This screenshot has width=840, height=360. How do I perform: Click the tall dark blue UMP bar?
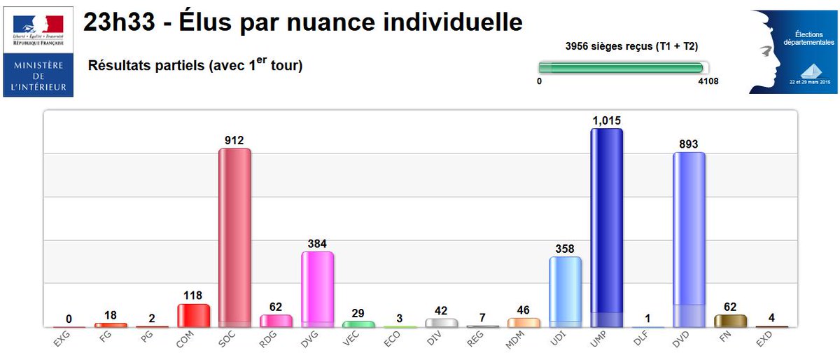pos(606,228)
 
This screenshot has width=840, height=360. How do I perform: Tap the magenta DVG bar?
pos(317,289)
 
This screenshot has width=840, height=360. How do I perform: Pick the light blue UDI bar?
pos(565,291)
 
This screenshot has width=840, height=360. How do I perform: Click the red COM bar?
pos(193,316)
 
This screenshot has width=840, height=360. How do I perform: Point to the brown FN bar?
pos(730,321)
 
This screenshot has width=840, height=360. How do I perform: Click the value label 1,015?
pos(606,120)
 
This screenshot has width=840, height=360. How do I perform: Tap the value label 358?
pos(565,249)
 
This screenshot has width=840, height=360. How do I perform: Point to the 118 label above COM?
pos(193,296)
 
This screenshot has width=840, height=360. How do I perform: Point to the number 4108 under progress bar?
pos(707,81)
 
